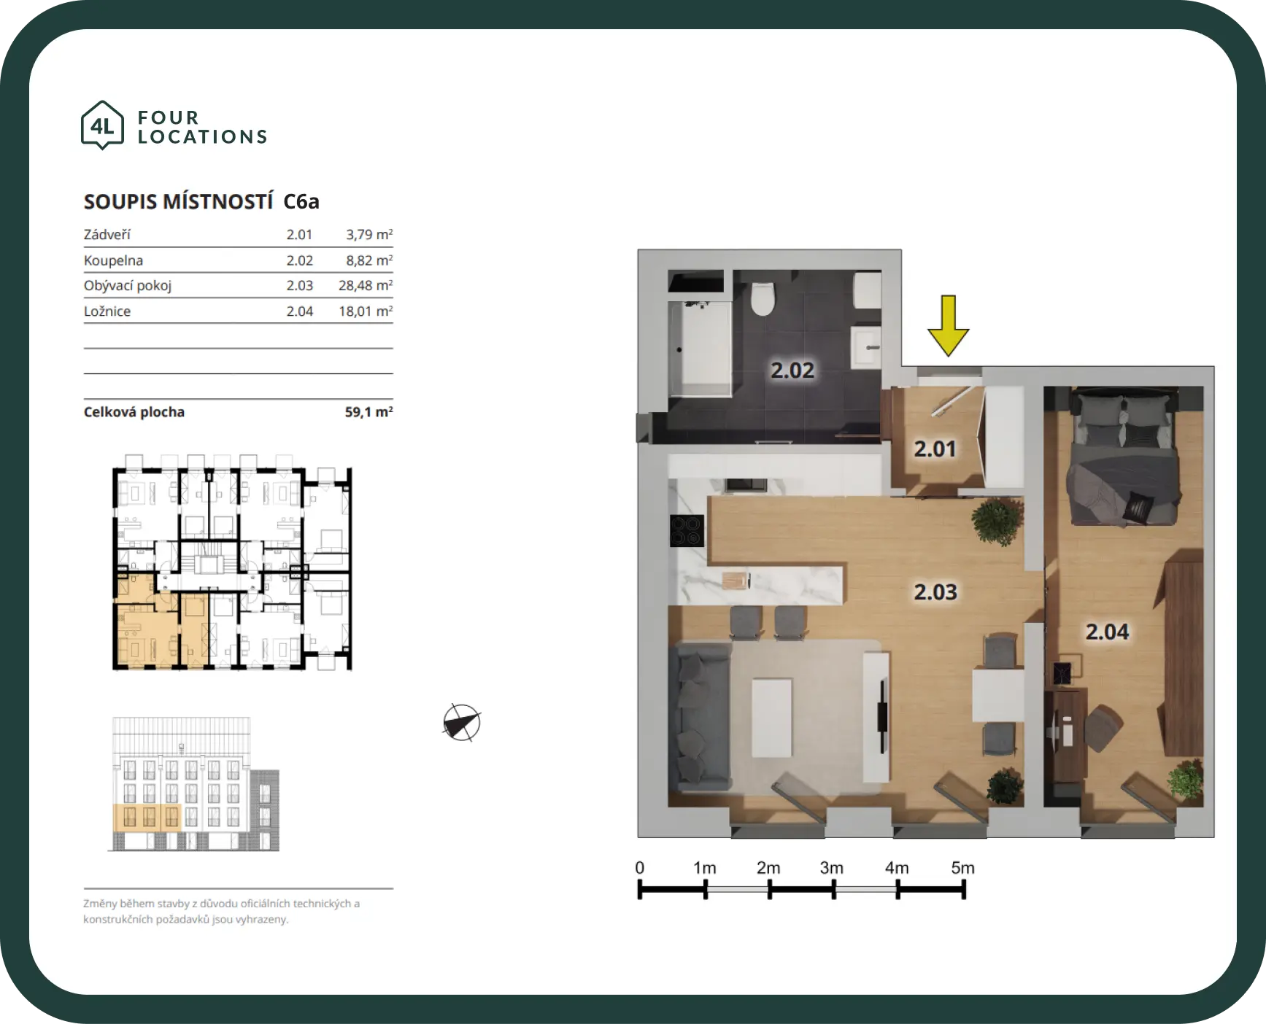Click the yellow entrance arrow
(x=948, y=325)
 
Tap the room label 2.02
(x=792, y=370)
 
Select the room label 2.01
(x=935, y=449)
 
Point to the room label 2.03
(x=935, y=591)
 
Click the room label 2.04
(x=1107, y=632)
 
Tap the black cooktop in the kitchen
(x=687, y=530)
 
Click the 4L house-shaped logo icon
(x=102, y=125)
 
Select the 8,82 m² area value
(x=369, y=260)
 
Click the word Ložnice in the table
(x=107, y=311)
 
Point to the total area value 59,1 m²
(x=368, y=412)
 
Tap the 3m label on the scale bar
(x=832, y=868)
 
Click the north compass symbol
(x=461, y=724)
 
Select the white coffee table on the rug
(x=772, y=718)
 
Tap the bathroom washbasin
(x=867, y=349)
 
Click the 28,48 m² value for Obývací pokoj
(x=366, y=285)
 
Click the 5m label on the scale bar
(x=962, y=868)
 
